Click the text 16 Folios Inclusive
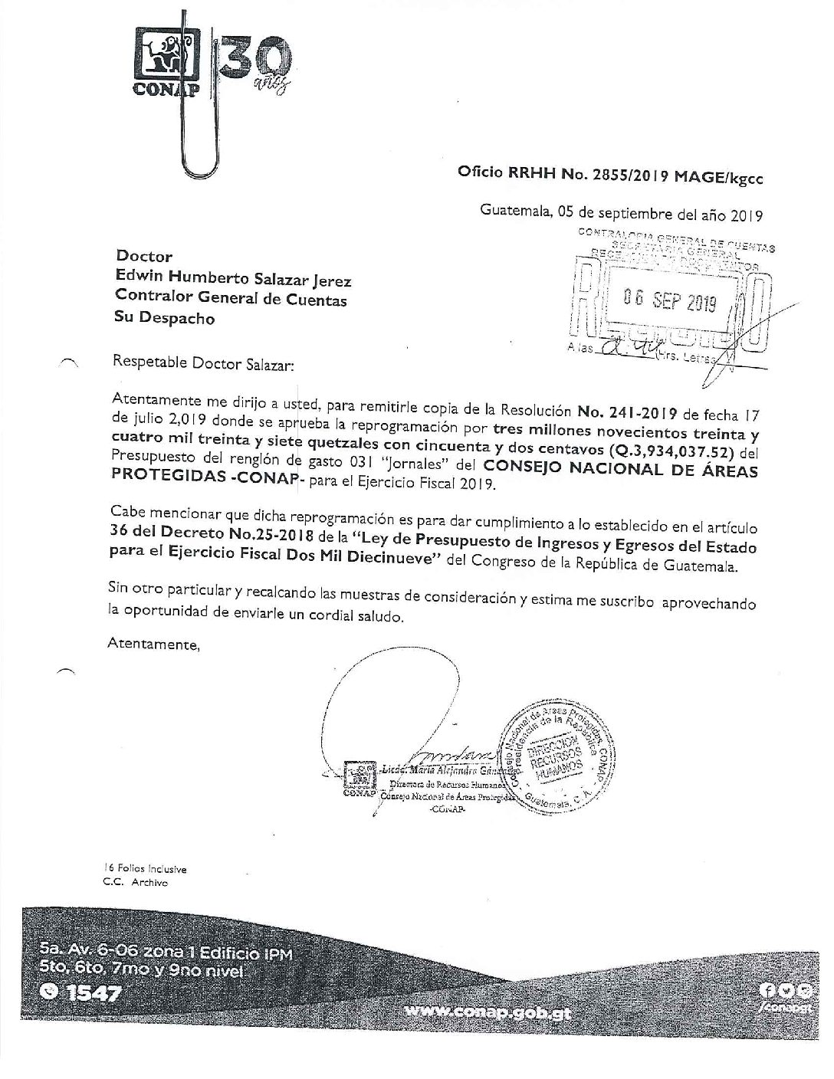(x=146, y=869)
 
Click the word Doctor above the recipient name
(x=143, y=257)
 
